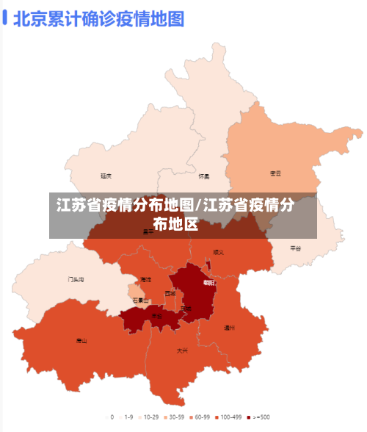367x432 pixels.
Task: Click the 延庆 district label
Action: click(106, 176)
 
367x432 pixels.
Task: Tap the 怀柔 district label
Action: click(203, 176)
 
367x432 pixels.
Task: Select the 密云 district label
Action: click(275, 173)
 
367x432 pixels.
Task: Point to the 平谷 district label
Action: click(295, 248)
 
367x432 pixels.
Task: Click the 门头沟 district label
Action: click(76, 280)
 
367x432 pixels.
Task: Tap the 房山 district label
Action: click(81, 340)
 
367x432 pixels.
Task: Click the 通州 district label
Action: click(229, 327)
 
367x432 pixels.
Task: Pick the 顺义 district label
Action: click(218, 252)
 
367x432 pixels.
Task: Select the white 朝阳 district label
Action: click(209, 282)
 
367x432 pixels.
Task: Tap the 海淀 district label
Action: click(145, 280)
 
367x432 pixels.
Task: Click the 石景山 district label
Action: click(140, 300)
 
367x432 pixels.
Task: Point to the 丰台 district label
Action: click(157, 316)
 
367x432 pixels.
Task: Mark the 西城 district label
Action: click(170, 293)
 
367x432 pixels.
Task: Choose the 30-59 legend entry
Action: click(173, 417)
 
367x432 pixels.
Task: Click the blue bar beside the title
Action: click(5, 17)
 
